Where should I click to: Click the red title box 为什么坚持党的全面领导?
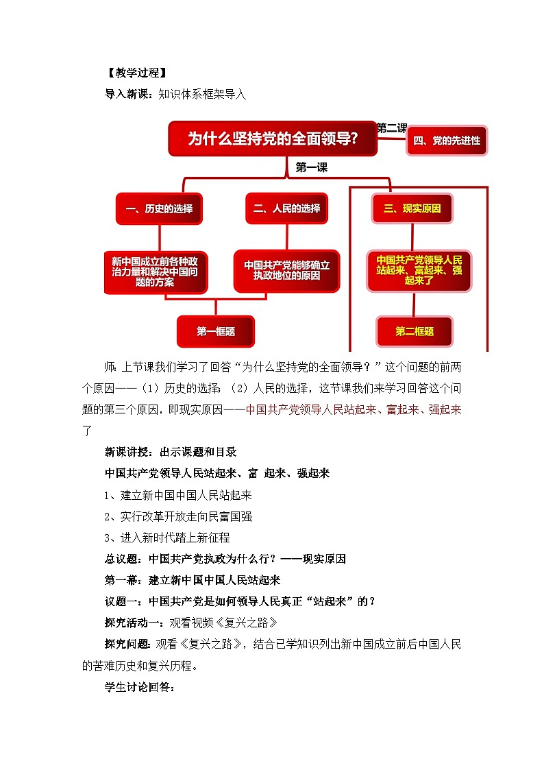point(273,139)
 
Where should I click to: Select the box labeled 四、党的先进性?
point(447,141)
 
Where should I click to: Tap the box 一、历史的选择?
point(159,208)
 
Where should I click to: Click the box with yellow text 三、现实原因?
point(412,208)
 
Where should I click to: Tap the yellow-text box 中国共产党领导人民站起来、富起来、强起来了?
point(414,270)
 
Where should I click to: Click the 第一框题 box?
point(215,331)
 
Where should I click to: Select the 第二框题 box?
point(414,331)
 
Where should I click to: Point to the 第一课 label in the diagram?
point(311,167)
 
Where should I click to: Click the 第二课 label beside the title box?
point(391,128)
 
